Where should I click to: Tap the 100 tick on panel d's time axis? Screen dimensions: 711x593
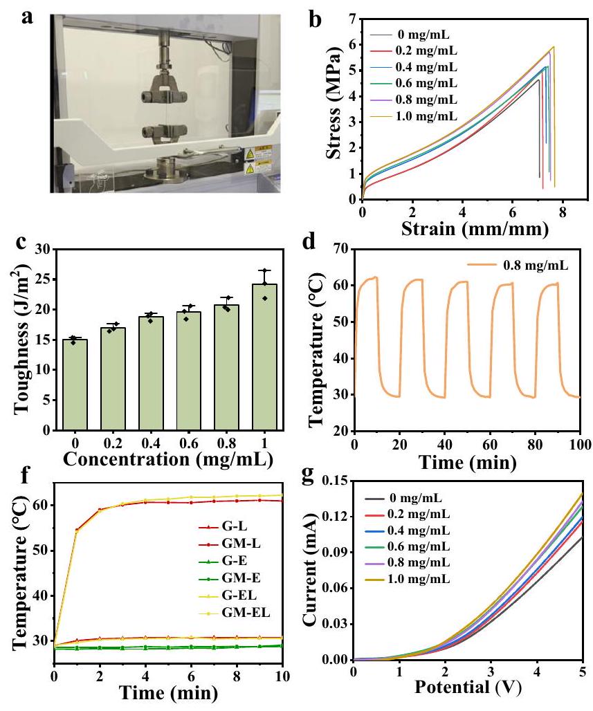point(579,443)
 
